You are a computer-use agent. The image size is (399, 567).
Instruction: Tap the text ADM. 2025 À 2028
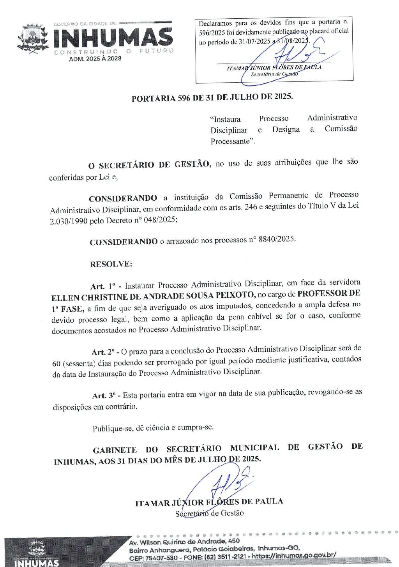[95, 59]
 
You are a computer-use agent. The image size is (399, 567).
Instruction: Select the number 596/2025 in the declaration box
[212, 32]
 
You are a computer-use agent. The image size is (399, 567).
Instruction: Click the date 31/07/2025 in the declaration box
[254, 42]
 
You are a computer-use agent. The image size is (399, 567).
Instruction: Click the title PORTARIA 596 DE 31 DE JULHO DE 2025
[212, 97]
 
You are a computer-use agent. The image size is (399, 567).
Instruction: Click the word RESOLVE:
[111, 264]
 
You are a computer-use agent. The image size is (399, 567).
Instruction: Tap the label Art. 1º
[103, 286]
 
